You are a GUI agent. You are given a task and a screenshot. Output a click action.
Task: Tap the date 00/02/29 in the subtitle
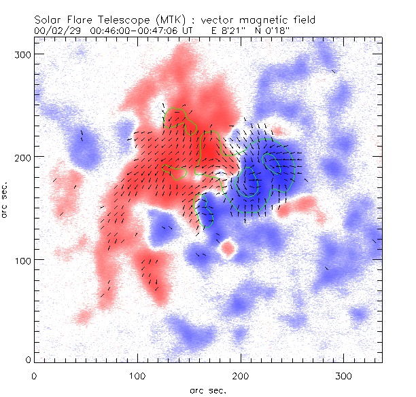[x=56, y=31]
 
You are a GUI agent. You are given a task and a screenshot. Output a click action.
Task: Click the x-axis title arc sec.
[x=207, y=390]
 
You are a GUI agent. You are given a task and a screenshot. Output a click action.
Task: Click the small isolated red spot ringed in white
[x=228, y=248]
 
